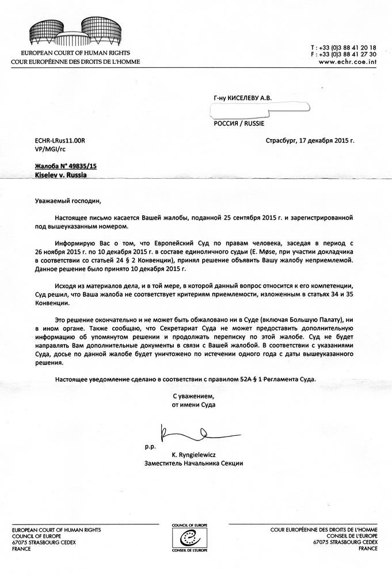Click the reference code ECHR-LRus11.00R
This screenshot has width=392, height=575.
(x=60, y=140)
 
